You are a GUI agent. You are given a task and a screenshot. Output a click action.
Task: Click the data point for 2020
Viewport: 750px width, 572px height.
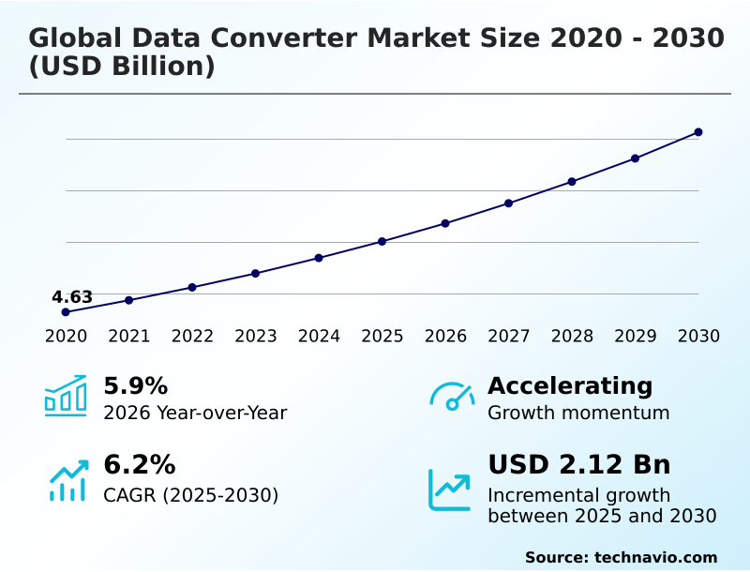66,311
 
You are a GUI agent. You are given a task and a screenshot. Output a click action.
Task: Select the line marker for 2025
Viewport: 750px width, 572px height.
382,242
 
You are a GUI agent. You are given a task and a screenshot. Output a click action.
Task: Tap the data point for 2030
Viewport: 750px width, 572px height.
698,132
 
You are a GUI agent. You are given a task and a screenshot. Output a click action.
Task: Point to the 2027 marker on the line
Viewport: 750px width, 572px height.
508,203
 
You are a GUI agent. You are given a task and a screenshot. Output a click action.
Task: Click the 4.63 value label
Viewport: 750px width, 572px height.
72,297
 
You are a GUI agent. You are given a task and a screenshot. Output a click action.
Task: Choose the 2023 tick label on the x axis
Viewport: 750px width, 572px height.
255,337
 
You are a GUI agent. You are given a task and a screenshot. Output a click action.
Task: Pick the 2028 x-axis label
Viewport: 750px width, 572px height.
572,337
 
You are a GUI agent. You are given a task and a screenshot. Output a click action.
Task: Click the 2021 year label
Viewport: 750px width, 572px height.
128,337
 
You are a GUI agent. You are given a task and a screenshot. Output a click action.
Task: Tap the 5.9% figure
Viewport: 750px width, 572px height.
135,385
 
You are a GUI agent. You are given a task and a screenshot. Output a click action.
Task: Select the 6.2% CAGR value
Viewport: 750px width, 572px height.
139,465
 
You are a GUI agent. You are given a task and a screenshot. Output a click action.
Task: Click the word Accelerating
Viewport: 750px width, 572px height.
570,385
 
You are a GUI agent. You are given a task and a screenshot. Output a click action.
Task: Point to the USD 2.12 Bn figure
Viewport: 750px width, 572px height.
579,465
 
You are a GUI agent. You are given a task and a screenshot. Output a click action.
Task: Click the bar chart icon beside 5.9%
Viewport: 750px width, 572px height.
66,396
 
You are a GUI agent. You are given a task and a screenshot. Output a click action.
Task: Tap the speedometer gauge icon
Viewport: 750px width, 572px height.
451,396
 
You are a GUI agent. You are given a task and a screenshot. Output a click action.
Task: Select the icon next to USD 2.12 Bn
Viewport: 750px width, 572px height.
450,489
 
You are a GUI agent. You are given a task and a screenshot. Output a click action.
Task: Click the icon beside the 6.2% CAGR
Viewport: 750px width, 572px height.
67,480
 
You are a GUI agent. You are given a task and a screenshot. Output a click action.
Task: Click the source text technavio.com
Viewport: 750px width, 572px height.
655,557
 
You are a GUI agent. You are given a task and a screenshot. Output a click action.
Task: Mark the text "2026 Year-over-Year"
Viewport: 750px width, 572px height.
195,413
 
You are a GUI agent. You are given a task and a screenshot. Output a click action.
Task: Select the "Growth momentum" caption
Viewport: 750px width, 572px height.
578,413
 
